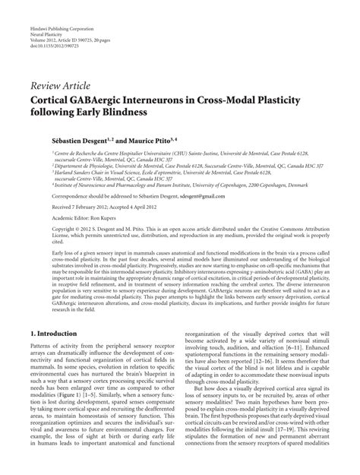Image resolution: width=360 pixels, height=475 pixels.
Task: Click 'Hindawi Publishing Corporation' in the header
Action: coord(59,8)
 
